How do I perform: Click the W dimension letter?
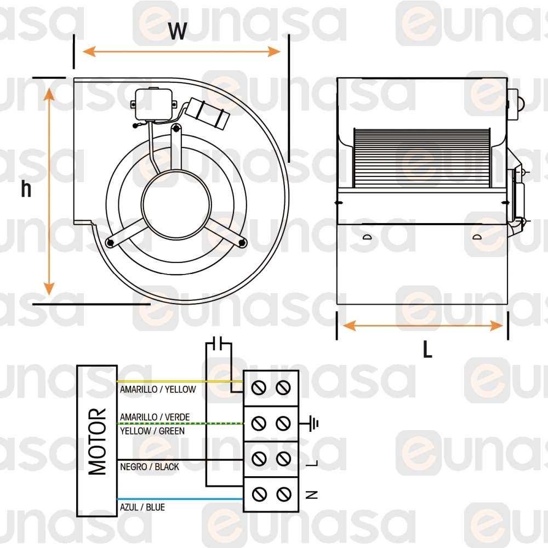tap(177, 32)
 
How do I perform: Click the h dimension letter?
tap(26, 190)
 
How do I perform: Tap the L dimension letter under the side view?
tap(427, 349)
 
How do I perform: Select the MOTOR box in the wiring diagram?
tap(97, 441)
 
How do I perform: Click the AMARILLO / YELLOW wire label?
tap(158, 390)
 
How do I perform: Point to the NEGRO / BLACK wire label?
tap(150, 467)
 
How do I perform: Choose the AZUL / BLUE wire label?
tap(142, 507)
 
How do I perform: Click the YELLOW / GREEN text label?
tap(152, 431)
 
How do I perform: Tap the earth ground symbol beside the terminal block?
tap(312, 423)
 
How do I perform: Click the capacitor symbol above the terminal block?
tap(219, 344)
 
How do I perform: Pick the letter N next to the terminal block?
tap(312, 494)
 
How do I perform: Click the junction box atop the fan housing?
tap(155, 104)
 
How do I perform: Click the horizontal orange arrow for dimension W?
tap(181, 52)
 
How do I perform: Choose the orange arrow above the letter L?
tap(423, 326)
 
